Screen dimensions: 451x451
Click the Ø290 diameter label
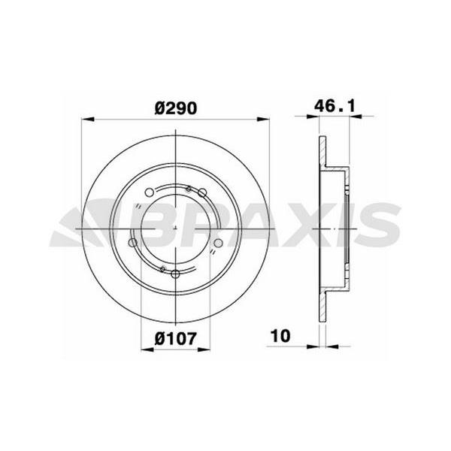(176, 108)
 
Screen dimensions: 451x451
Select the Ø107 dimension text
(176, 338)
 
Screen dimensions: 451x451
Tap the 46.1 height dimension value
(334, 106)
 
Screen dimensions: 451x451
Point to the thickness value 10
(280, 336)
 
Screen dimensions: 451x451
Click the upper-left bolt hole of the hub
(149, 192)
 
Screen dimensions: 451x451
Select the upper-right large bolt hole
(202, 192)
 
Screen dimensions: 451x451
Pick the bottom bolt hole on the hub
(175, 274)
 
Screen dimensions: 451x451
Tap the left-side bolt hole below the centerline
(132, 243)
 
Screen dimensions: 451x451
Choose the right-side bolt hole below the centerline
(219, 243)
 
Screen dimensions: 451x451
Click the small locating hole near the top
(189, 189)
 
